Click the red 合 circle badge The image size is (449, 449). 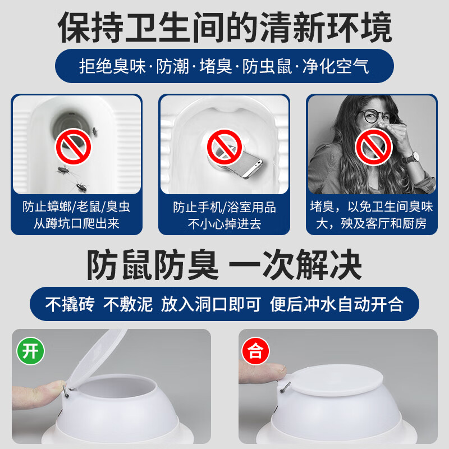tap(255, 352)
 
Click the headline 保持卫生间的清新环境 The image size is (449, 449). tap(224, 26)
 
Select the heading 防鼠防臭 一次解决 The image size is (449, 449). tap(224, 265)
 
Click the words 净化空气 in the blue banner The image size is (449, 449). tap(336, 67)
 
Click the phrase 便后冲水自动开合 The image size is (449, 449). tap(337, 305)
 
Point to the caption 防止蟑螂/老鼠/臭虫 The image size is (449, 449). tap(76, 207)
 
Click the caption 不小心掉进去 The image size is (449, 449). tap(224, 224)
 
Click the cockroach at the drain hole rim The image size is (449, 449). tap(94, 131)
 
